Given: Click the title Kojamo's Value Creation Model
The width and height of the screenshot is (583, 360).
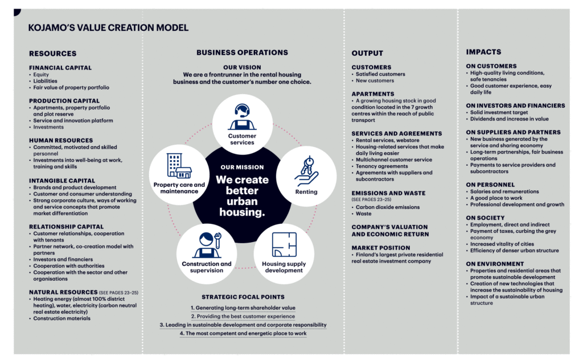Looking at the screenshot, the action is click(108, 27).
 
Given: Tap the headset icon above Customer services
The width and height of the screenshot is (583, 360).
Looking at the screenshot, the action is click(242, 117).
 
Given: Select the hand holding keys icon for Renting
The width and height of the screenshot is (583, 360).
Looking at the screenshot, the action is click(306, 171).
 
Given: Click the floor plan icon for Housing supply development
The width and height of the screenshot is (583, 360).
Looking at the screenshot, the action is click(284, 245).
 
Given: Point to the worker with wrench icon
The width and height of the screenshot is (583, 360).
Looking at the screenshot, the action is click(207, 245).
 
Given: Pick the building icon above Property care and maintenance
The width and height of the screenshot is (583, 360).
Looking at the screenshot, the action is click(179, 166).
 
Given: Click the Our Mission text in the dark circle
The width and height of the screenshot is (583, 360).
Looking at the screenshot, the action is click(242, 167).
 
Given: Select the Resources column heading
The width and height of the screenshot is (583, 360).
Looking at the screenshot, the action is click(53, 54).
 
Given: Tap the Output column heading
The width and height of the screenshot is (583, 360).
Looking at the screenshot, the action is click(367, 53).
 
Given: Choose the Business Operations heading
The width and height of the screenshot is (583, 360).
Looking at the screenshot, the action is click(242, 52).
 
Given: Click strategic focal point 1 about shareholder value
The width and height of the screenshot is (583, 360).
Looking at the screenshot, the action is click(243, 308).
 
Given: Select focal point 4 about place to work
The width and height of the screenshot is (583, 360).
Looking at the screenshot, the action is click(243, 334).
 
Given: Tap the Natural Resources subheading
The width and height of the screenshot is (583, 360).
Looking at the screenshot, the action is click(63, 292).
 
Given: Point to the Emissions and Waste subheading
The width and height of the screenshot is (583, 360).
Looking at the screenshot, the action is click(388, 194).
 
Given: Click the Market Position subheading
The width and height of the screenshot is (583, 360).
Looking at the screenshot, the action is click(381, 248).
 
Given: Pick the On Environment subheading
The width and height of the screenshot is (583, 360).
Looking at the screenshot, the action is click(495, 264).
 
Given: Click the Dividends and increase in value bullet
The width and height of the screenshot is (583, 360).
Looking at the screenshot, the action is click(507, 119).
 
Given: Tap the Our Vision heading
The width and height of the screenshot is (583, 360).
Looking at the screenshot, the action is click(242, 67).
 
